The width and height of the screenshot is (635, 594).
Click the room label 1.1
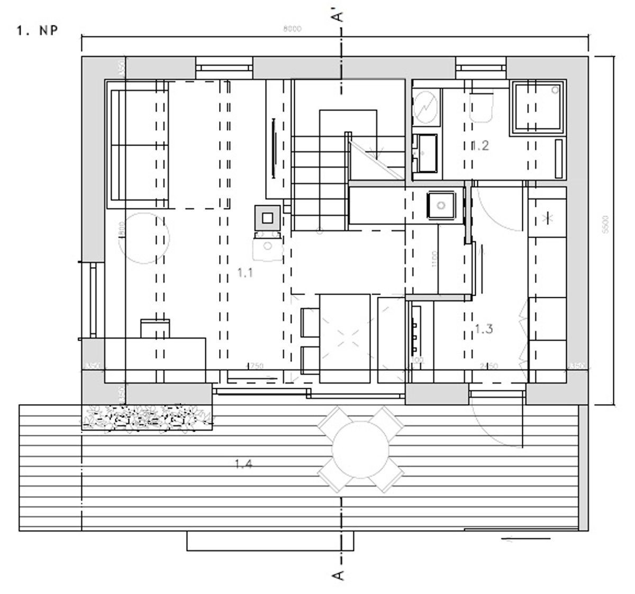[245, 273]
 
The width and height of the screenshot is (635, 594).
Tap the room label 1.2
[479, 145]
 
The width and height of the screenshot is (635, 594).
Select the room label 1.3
[484, 329]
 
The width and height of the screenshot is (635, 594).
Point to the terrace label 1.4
[243, 464]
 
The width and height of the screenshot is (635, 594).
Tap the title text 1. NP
[37, 31]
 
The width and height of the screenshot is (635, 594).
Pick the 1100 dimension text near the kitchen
[434, 259]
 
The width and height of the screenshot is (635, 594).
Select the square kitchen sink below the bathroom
[441, 204]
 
